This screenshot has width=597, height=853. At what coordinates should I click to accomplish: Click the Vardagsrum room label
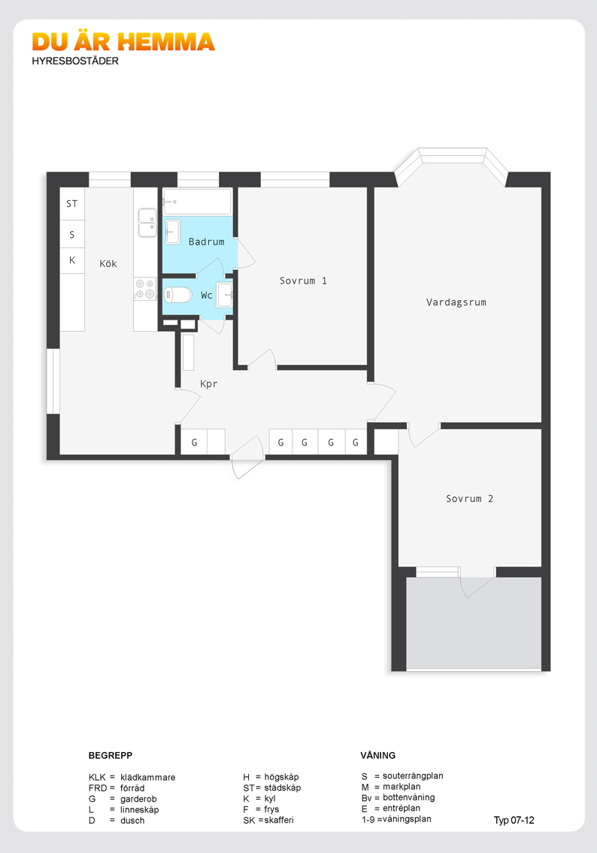456,302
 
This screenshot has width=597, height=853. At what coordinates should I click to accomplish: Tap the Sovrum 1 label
304,281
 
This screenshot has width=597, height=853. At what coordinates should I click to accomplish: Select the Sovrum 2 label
469,498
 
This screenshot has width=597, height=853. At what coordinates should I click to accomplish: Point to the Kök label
108,263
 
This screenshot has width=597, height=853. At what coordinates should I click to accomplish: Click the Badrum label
207,241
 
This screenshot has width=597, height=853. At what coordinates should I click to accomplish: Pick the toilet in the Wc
177,295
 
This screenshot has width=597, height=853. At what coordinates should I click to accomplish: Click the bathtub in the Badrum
197,202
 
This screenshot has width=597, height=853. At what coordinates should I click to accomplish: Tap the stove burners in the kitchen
144,289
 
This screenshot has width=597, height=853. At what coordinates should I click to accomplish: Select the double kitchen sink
147,223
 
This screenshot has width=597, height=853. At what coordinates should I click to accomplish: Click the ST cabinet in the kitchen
72,203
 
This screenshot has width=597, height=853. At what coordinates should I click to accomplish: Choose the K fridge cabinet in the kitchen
72,260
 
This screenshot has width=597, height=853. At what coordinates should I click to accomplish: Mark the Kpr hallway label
209,384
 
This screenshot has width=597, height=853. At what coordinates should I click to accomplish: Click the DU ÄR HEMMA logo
123,42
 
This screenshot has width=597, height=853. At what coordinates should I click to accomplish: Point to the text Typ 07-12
514,821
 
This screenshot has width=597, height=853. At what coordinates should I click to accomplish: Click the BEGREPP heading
111,755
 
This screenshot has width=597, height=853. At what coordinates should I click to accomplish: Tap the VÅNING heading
378,755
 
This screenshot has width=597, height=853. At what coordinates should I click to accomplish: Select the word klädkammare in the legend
148,777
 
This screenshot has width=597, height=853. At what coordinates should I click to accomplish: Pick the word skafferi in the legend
279,820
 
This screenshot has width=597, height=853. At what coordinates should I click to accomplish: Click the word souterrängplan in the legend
413,776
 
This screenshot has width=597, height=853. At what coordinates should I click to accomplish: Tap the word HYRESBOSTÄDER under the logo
75,61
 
